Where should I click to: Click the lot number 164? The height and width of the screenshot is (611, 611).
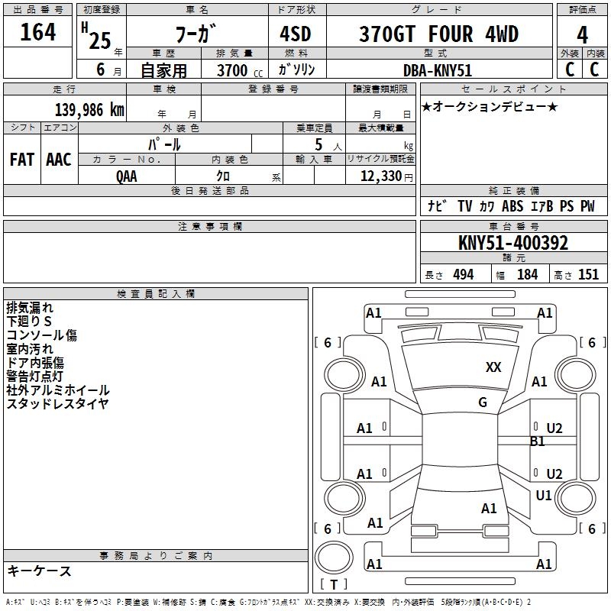(x=37, y=32)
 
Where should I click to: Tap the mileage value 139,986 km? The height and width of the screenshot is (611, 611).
(x=89, y=109)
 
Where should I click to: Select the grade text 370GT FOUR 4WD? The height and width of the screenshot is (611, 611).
(x=438, y=34)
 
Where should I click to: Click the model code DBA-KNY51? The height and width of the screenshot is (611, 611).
(x=438, y=70)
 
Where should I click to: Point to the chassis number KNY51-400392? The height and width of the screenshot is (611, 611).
(x=513, y=243)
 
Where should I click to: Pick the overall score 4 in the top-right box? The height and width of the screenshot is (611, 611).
(x=582, y=35)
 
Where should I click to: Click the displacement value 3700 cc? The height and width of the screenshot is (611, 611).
(x=240, y=70)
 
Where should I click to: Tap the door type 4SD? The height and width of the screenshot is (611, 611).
(x=296, y=34)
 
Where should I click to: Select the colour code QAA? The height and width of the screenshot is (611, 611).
(x=127, y=176)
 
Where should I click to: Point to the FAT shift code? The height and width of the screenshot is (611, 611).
(x=22, y=160)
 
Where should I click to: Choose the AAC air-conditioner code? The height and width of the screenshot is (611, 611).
(x=59, y=160)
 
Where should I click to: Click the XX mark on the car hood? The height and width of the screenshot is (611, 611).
(x=493, y=367)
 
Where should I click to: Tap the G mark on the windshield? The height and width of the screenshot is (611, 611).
(x=483, y=402)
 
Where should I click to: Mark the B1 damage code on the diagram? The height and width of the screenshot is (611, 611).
(x=537, y=441)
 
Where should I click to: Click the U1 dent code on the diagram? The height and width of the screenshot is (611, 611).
(x=544, y=495)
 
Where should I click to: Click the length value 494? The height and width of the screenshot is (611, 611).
(x=464, y=275)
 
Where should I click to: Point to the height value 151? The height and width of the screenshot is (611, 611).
(x=588, y=275)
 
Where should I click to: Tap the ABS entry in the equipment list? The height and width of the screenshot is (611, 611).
(x=512, y=206)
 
